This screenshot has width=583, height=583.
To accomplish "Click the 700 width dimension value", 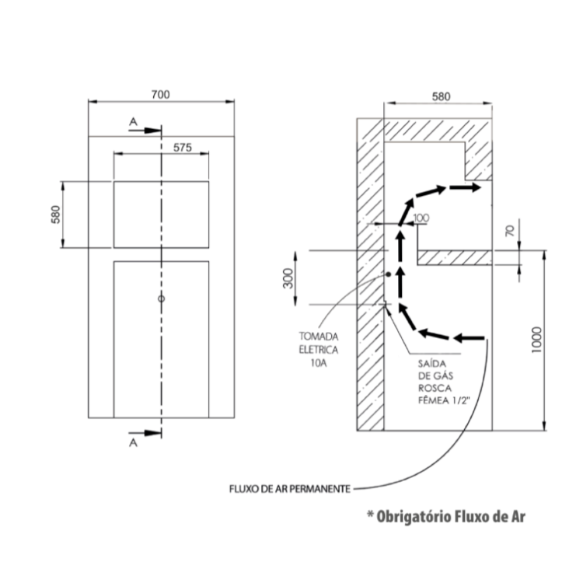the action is point(161,95).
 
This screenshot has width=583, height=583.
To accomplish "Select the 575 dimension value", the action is point(183,148).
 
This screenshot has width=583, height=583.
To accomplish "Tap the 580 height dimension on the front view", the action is point(55,215).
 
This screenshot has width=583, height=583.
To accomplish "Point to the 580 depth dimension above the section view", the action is point(441,96).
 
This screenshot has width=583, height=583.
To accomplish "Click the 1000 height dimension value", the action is point(536,340).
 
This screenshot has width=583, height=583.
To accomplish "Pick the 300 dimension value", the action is point(288,278).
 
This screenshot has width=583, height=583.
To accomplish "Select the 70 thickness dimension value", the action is point(511,231).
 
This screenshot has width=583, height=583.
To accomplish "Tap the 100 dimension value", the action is point(421,218).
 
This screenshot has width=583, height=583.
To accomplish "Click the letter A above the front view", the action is point(133,121).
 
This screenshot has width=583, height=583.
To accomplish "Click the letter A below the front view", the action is point(133,443).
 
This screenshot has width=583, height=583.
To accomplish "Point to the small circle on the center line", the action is point(162,298).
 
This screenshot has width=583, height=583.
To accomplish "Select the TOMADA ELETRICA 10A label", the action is point(319,350).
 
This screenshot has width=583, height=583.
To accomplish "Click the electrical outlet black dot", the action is point(388,274).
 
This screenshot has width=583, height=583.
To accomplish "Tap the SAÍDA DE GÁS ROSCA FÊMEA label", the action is point(444,382).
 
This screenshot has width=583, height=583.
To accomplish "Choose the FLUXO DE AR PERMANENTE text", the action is point(290,489).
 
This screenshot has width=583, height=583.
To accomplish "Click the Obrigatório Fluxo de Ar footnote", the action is point(446,516).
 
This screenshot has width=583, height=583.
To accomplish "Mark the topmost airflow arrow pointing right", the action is point(465,187).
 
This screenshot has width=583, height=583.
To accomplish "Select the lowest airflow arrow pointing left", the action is point(469,338).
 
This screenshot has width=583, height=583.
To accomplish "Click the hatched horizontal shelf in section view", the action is point(455,257).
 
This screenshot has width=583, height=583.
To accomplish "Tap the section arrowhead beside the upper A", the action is point(152,131).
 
